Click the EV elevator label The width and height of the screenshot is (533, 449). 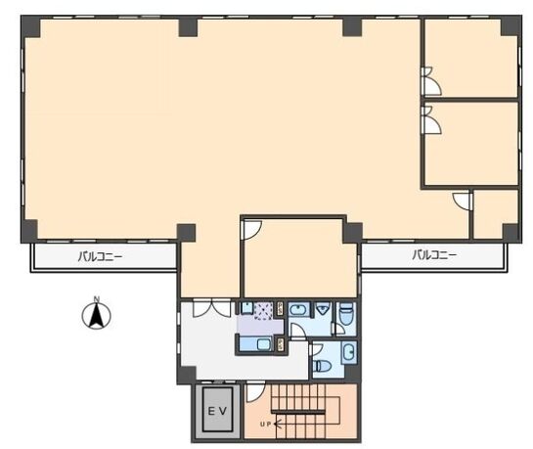(217, 411)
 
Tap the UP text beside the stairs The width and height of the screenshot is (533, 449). (265, 425)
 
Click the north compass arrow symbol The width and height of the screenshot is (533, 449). (97, 314)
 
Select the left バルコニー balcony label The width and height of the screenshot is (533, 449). (100, 256)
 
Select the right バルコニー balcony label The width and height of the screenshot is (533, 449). (434, 254)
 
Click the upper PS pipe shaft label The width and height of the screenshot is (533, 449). (281, 308)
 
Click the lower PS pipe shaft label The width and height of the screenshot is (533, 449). (281, 344)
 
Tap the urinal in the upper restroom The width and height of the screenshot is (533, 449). (322, 308)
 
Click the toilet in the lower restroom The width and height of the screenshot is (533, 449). (323, 367)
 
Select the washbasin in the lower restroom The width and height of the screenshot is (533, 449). (349, 352)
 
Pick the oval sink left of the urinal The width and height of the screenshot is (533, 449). (298, 310)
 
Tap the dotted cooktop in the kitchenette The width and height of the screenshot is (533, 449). (263, 311)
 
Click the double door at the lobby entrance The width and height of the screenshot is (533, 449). (211, 307)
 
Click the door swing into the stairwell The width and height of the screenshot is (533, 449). (255, 391)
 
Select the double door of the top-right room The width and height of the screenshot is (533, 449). (430, 81)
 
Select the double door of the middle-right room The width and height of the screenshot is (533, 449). (430, 120)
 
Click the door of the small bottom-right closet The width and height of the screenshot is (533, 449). (463, 201)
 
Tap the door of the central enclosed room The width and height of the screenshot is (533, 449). (251, 230)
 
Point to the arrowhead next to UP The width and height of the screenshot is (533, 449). (277, 425)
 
